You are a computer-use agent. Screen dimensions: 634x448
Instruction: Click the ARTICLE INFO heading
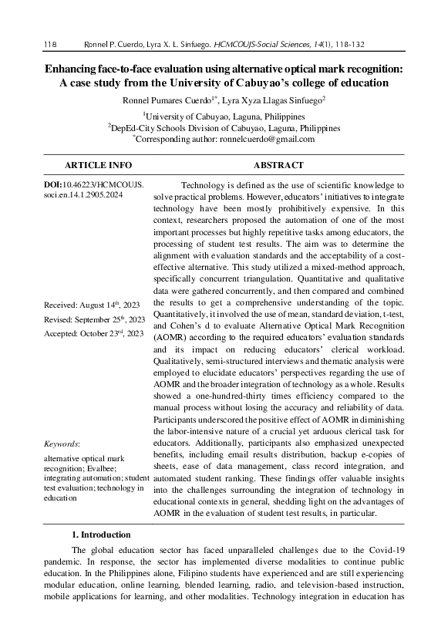click(98, 165)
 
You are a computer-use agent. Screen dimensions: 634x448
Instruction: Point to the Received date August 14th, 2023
click(94, 305)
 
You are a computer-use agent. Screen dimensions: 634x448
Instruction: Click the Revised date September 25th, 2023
click(95, 319)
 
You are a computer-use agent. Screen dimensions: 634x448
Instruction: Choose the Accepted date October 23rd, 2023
click(93, 333)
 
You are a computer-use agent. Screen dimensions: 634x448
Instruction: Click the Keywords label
click(62, 444)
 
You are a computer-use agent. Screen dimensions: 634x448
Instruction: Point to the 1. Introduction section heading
click(101, 534)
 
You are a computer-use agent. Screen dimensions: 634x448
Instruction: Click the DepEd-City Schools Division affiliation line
click(224, 126)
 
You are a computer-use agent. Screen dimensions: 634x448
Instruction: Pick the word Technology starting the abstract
click(202, 186)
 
